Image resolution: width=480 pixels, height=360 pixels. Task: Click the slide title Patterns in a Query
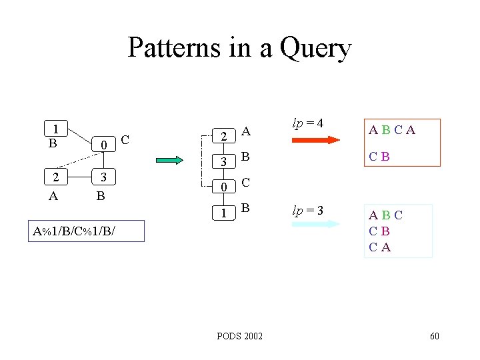point(239,48)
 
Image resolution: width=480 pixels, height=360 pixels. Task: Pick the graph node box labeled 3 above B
point(103,177)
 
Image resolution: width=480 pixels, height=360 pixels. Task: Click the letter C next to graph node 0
point(125,139)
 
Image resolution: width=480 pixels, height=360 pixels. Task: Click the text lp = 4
point(308,123)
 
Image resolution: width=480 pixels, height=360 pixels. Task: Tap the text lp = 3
point(308,211)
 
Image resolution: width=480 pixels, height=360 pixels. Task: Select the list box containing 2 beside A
point(225,135)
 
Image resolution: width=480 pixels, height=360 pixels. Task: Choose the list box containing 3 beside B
point(225,161)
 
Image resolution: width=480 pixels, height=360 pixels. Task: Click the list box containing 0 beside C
point(225,186)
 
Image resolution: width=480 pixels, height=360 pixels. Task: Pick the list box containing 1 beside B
point(225,212)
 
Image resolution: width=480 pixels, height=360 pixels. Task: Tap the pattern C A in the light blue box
point(380,247)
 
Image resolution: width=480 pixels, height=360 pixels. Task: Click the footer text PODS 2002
point(239,336)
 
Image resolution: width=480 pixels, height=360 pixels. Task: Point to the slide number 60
point(434,336)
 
